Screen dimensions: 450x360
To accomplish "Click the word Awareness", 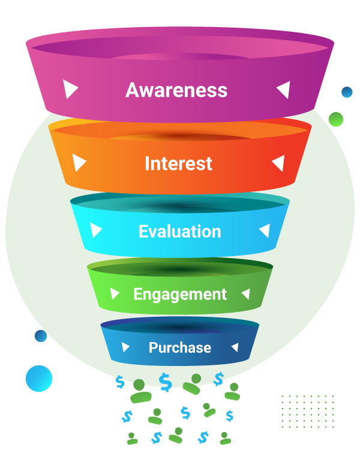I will tap(176, 90).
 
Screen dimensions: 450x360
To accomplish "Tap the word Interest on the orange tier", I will tap(178, 163).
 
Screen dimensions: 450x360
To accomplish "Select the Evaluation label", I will tap(179, 231).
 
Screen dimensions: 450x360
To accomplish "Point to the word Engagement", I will tap(180, 294).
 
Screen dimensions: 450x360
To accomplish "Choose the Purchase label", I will tap(180, 347).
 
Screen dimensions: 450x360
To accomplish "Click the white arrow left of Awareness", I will tap(71, 89).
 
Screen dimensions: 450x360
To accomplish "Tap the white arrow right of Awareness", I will tap(283, 89).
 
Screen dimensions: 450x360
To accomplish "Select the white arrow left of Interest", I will tap(79, 163).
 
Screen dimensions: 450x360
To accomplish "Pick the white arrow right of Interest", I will tap(278, 163).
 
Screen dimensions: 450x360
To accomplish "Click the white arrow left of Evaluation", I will tap(96, 230).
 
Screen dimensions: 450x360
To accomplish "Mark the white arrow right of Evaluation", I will tap(264, 230).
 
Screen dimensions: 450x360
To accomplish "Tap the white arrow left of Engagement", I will tap(115, 293).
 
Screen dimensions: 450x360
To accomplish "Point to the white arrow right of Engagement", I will tap(245, 293).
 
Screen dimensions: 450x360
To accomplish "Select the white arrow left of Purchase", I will tap(125, 347).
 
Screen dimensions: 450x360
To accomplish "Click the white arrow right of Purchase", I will tap(235, 347).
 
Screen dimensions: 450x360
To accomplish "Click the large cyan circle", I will tap(39, 378).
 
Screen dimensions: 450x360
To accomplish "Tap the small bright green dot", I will tap(336, 119).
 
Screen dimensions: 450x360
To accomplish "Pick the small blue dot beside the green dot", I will tap(347, 92).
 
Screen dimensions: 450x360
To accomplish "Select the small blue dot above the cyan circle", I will tap(40, 335).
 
